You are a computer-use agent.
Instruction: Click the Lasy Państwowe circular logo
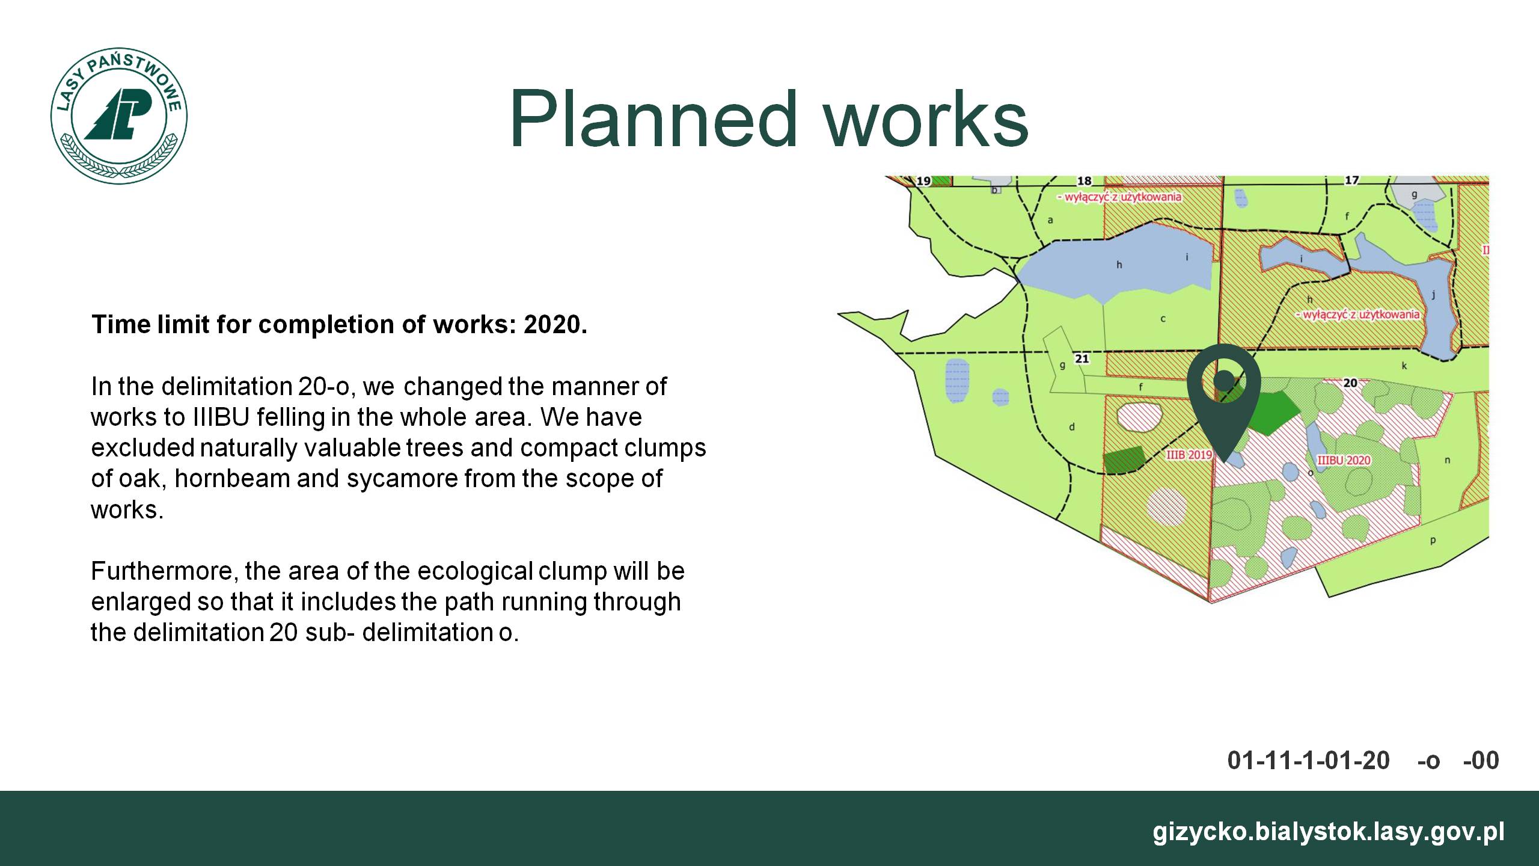pyautogui.click(x=119, y=117)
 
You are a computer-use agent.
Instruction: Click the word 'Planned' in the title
pyautogui.click(x=653, y=118)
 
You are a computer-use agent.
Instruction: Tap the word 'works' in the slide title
pyautogui.click(x=926, y=118)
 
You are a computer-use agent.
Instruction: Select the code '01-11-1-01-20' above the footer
pyautogui.click(x=1309, y=760)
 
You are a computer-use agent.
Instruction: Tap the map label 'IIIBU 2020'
pyautogui.click(x=1344, y=461)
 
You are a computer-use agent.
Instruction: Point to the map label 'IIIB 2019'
pyautogui.click(x=1189, y=455)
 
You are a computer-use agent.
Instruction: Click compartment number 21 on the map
pyautogui.click(x=1082, y=359)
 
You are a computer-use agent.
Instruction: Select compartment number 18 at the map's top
pyautogui.click(x=1084, y=181)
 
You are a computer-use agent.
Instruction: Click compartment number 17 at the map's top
pyautogui.click(x=1351, y=180)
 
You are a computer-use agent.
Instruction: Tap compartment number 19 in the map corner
pyautogui.click(x=923, y=181)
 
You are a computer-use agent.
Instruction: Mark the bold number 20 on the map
pyautogui.click(x=1350, y=383)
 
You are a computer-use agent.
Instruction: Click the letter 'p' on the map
pyautogui.click(x=1433, y=541)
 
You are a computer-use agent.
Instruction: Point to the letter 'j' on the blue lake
pyautogui.click(x=1434, y=295)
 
